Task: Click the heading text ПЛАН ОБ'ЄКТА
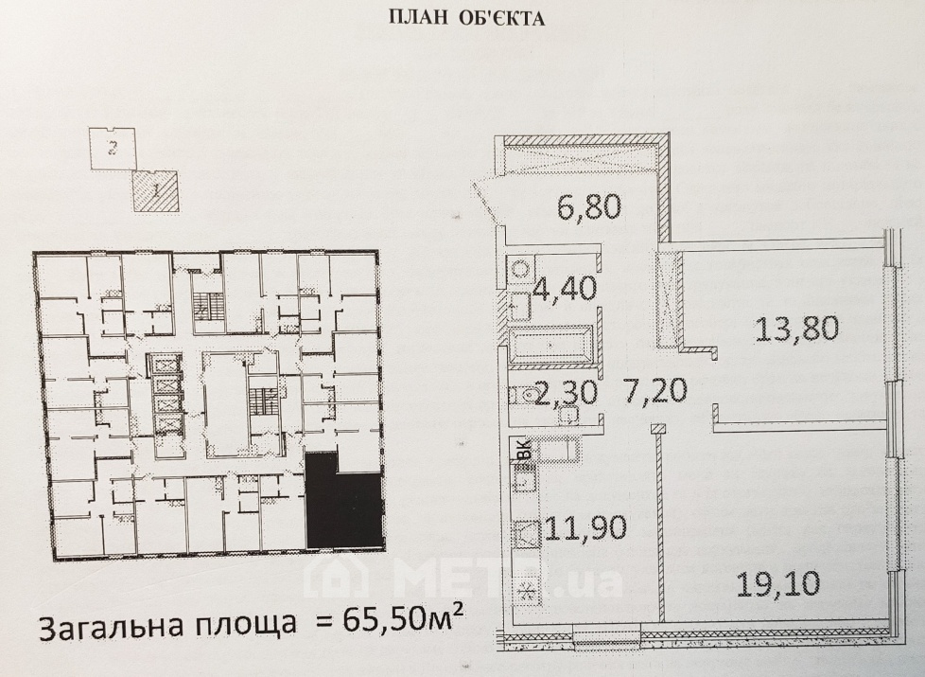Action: point(466,19)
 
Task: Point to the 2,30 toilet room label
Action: point(566,392)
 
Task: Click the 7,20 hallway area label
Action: point(655,390)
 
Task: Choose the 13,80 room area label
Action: point(796,329)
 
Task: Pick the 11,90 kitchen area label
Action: point(585,527)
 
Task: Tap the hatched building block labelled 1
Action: point(155,191)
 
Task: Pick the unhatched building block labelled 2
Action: point(113,149)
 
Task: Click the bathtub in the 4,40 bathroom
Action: point(550,343)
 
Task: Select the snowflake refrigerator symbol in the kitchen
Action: point(525,592)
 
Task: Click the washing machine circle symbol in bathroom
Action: point(520,270)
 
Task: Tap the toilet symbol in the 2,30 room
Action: point(524,392)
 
